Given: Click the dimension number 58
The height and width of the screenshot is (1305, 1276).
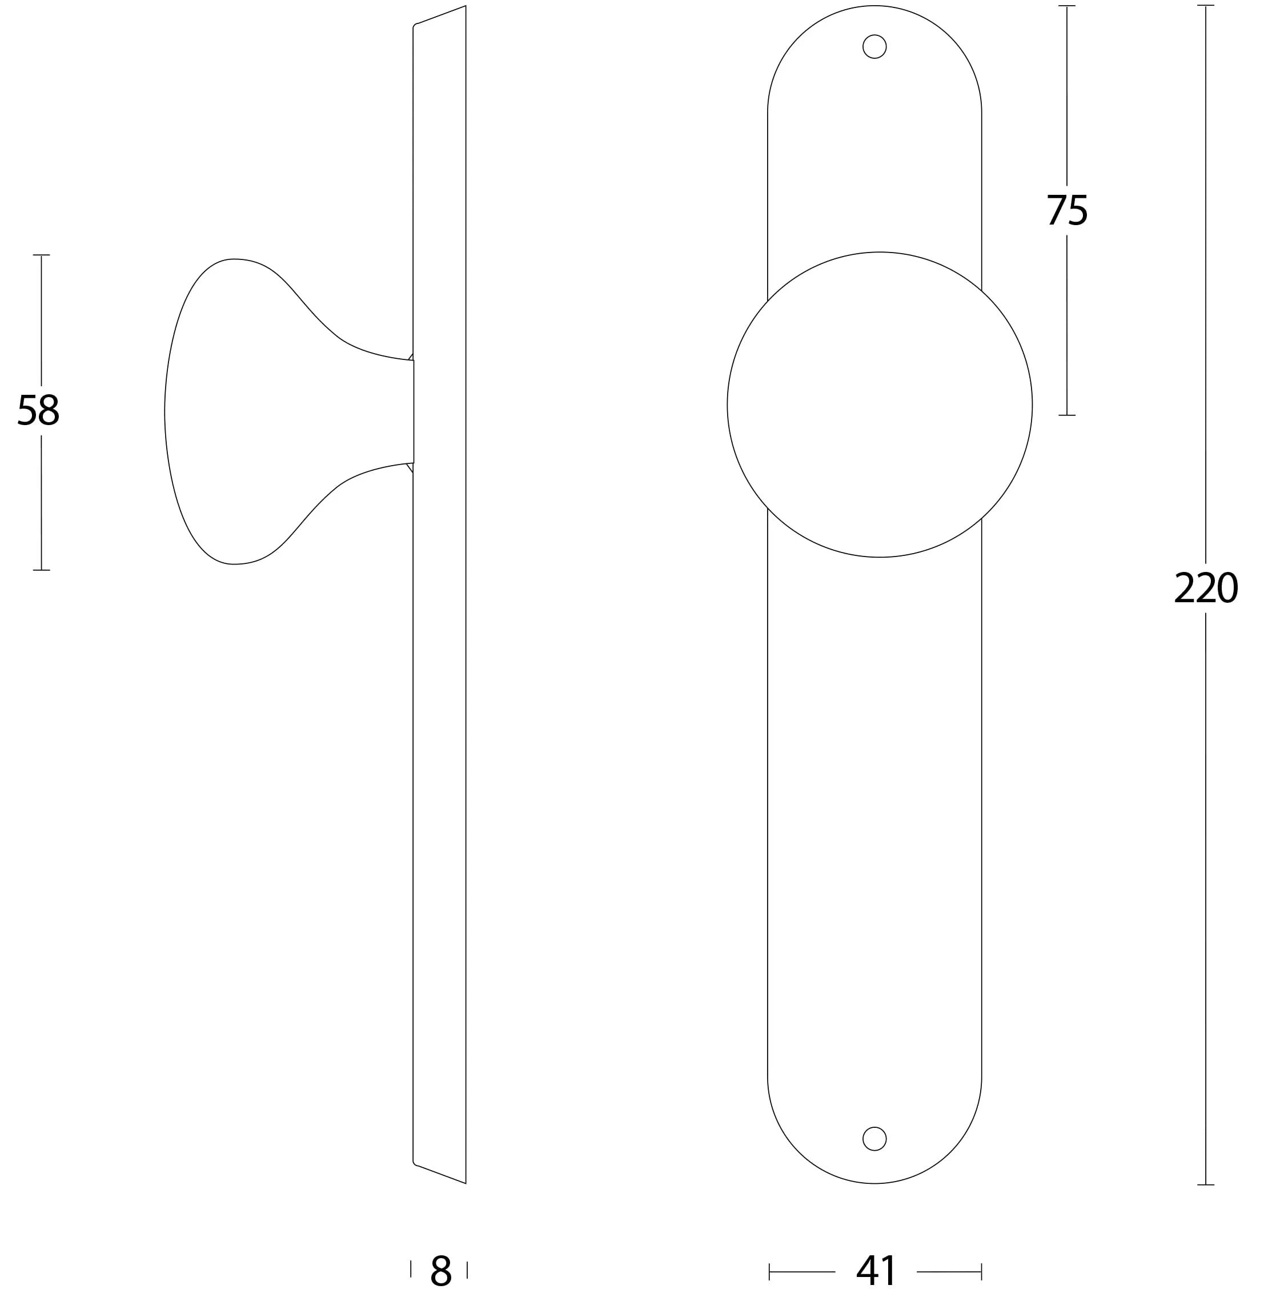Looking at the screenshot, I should (38, 410).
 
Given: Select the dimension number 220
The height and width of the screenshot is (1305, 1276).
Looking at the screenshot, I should (1205, 589).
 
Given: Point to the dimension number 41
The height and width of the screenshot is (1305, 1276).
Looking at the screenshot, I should (876, 1271).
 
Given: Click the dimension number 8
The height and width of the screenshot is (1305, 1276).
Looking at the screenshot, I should (441, 1271).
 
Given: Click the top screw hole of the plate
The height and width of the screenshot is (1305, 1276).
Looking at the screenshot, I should (874, 46).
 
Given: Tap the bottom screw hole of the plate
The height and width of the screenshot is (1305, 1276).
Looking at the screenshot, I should (874, 1139).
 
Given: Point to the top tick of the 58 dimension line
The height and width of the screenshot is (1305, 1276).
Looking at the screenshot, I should (42, 255).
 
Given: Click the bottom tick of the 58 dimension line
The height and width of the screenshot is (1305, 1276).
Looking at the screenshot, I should (42, 570).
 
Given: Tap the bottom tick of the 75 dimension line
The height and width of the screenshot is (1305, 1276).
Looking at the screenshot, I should (1067, 415).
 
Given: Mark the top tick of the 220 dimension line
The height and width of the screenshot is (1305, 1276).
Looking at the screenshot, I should (1206, 5).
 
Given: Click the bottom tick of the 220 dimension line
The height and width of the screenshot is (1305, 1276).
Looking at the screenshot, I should (1206, 1184).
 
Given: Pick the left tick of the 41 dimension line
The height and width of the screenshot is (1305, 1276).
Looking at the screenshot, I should (769, 1271).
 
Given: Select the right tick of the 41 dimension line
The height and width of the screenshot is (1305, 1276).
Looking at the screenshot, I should (981, 1271).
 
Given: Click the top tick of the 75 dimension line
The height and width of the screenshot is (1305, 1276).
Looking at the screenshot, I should (1067, 6).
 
